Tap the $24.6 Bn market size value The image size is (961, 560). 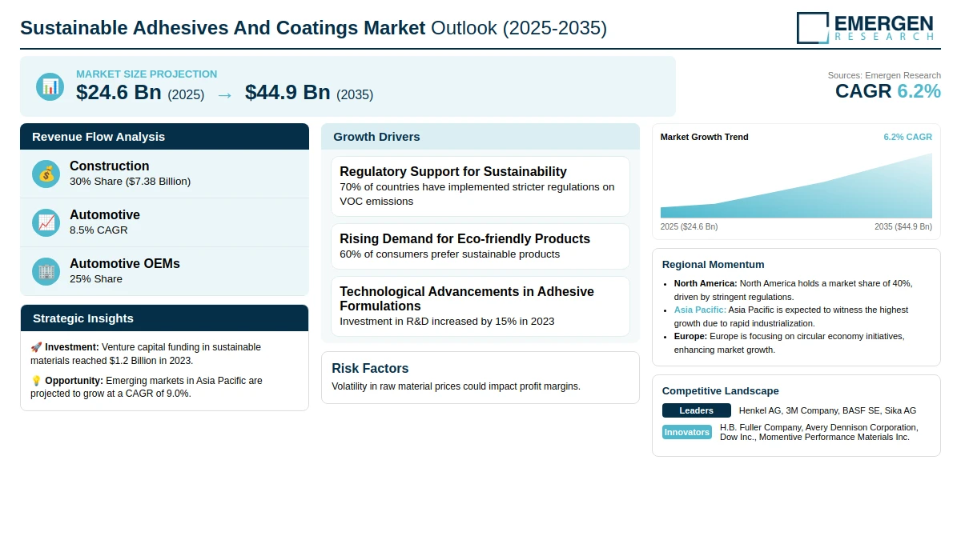coord(119,93)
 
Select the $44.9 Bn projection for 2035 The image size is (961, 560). coord(287,93)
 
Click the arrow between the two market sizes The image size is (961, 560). coord(224,95)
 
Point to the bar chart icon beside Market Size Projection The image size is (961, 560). coord(50,87)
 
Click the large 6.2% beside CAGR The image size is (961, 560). coord(919,91)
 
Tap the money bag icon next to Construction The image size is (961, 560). coord(46,174)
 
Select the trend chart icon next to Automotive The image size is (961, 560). coord(46,223)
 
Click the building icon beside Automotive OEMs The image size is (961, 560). coord(46,272)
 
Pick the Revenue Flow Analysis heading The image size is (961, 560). coord(99,137)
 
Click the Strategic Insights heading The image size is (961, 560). coord(82,318)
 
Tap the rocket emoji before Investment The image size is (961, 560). coord(36,347)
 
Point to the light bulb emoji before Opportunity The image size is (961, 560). coord(36,381)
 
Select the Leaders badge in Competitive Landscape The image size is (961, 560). coord(696,410)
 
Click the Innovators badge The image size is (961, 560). coord(686,432)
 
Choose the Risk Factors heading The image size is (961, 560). coord(370,369)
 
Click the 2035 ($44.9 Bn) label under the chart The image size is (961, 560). coord(903,226)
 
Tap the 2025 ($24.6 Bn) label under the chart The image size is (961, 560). coord(689,226)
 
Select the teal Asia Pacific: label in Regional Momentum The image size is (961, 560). coord(700,310)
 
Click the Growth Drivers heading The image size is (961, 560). coord(376,137)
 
